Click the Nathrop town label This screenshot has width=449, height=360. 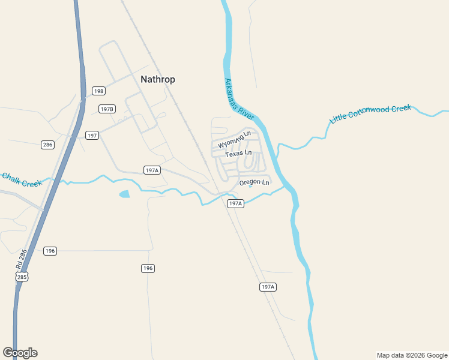(158, 79)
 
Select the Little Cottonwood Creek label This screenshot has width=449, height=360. (370, 114)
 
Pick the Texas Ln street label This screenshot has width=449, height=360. (238, 154)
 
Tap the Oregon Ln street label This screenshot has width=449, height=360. (255, 182)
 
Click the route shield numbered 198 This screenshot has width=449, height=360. (99, 91)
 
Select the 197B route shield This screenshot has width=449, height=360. (107, 109)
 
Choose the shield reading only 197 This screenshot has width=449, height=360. (92, 136)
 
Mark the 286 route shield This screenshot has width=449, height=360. (48, 145)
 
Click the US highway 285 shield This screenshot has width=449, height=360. (22, 277)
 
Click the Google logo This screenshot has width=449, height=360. (20, 353)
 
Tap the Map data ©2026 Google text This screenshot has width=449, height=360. (412, 355)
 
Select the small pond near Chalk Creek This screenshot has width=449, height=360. (124, 194)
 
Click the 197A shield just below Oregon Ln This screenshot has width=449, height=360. (235, 204)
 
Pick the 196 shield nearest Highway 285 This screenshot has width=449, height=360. (50, 251)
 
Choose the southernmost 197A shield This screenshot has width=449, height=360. (268, 287)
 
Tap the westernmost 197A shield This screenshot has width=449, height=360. (152, 170)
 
